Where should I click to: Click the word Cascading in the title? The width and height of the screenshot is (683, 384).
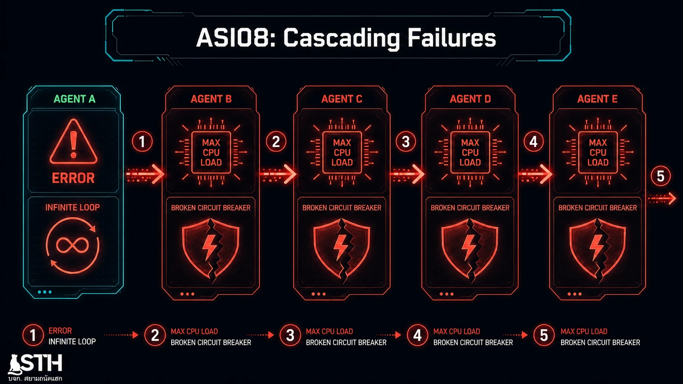[341, 38]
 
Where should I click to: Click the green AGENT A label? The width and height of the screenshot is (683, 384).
[74, 99]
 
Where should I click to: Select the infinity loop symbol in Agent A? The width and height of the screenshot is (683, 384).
[73, 245]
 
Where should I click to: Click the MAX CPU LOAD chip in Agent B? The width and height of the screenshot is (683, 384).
[211, 152]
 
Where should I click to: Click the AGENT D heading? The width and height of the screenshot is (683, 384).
[470, 99]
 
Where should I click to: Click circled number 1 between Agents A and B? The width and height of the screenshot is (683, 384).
[142, 142]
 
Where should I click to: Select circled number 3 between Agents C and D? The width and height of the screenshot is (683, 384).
[406, 142]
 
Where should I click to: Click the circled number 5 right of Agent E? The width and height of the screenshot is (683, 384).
[661, 176]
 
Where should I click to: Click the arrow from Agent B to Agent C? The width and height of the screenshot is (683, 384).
[278, 174]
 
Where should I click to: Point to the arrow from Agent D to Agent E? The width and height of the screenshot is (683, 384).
[535, 174]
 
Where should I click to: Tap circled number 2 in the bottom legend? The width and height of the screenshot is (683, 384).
[155, 335]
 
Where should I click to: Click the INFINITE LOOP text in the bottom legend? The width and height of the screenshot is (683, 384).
[72, 342]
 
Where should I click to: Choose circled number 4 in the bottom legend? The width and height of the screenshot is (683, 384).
[417, 335]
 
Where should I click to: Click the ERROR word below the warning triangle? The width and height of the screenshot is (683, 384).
[73, 178]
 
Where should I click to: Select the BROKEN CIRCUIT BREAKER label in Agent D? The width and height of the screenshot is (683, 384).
[470, 208]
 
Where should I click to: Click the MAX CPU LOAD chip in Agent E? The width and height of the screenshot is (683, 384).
[598, 152]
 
